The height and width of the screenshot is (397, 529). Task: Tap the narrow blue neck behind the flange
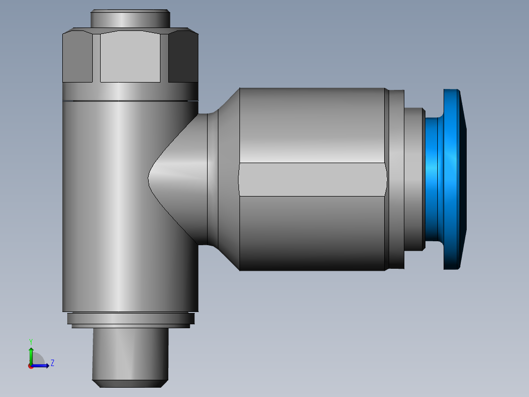coord(432,179)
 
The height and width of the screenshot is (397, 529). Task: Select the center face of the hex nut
coord(130,57)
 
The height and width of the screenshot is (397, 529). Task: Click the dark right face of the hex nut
coord(183,57)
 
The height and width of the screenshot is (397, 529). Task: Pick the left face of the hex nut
coord(77,57)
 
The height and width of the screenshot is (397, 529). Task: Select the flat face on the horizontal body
coord(312,179)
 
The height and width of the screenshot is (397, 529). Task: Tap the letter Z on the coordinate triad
coord(52,363)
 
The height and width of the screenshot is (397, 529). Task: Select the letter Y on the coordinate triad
coord(30,341)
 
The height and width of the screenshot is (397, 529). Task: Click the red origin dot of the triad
coord(30,366)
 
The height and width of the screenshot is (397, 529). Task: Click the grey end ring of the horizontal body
coord(395,179)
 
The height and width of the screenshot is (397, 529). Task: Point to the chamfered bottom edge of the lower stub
coord(130,383)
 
